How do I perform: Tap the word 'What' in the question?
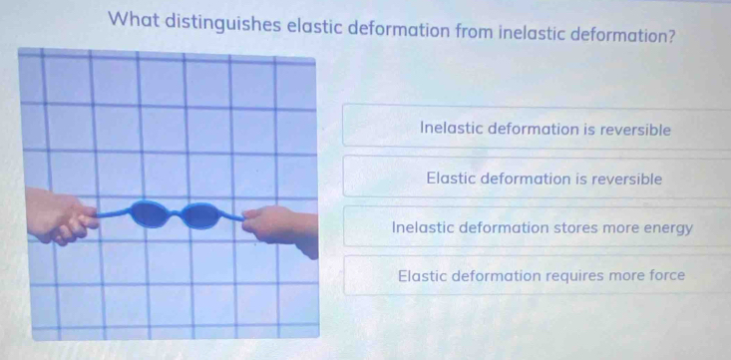(x=133, y=20)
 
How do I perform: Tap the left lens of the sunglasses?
(x=150, y=214)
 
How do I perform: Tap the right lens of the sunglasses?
(x=200, y=216)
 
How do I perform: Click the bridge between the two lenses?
(x=176, y=213)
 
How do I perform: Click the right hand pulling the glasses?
(x=280, y=227)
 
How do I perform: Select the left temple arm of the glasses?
(x=113, y=213)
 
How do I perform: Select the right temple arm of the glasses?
(x=231, y=215)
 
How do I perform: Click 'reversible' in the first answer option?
(x=635, y=130)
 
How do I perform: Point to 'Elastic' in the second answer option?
(x=451, y=179)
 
